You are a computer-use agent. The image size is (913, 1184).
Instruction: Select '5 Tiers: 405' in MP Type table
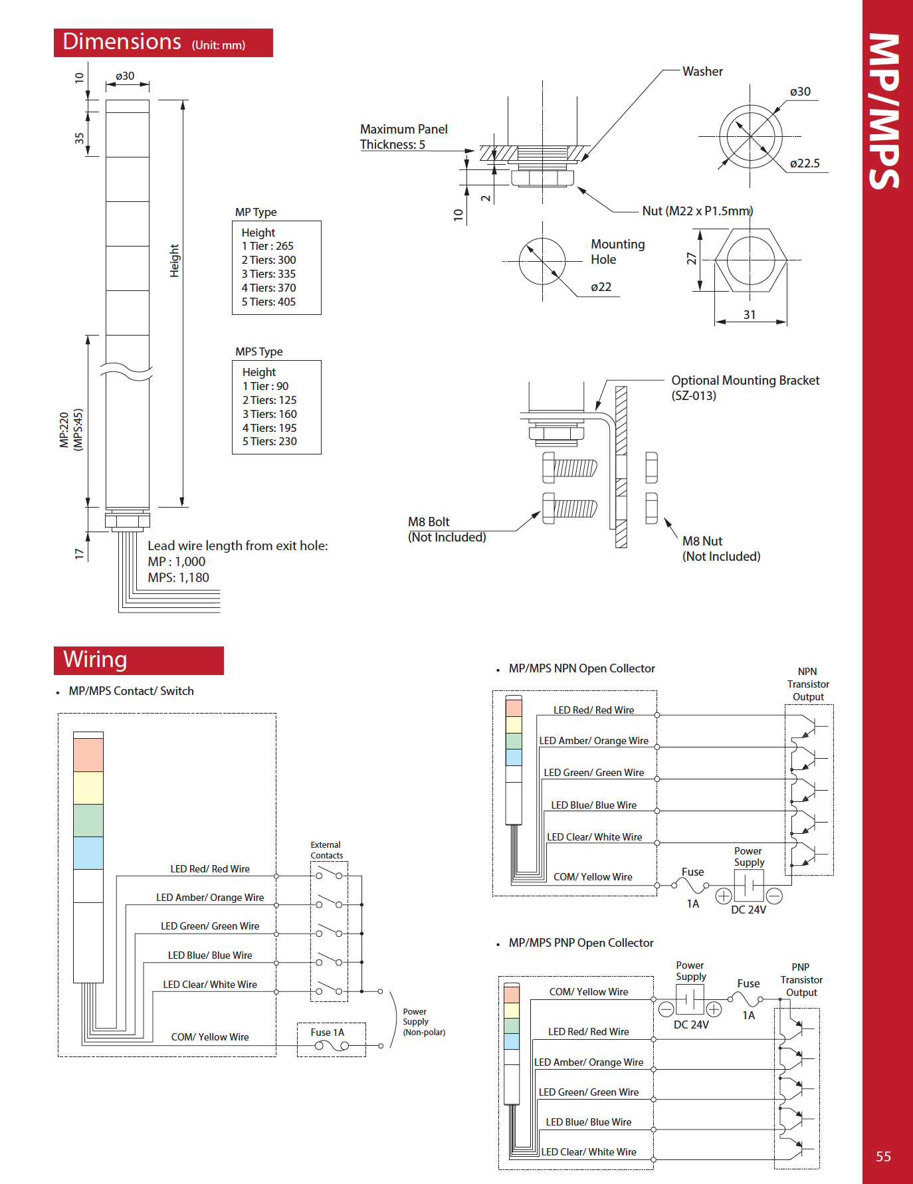[268, 302]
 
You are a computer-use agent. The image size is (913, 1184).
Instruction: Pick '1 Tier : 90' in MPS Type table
[265, 386]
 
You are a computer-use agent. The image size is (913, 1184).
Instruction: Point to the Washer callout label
[702, 72]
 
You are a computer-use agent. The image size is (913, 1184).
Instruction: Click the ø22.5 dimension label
[804, 163]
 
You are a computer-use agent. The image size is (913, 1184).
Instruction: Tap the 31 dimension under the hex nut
[750, 315]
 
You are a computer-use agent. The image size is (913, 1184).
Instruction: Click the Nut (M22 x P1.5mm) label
[697, 211]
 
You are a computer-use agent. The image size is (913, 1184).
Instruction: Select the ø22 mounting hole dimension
[601, 287]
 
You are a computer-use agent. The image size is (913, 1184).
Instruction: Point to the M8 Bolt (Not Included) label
[447, 530]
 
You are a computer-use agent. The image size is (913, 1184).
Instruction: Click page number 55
[883, 1157]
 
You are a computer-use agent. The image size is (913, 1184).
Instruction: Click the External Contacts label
[326, 850]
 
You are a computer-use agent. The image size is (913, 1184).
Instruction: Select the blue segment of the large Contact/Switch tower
[88, 852]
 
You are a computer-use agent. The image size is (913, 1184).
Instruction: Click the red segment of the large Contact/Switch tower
[88, 755]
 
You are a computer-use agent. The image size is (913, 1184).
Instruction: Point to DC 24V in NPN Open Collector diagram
[748, 910]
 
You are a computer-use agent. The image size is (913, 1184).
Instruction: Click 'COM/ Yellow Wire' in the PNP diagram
[588, 992]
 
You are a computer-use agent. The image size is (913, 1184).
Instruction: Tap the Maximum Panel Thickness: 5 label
[403, 137]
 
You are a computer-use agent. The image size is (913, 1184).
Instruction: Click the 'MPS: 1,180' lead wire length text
[178, 578]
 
